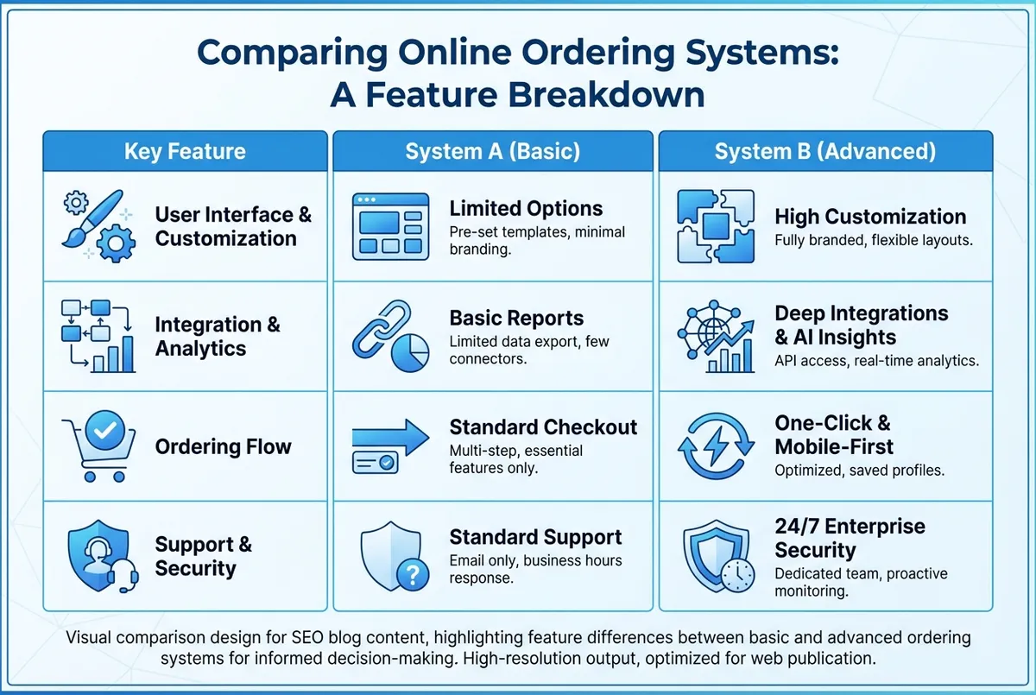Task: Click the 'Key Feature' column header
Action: coord(185,152)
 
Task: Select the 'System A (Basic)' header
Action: coord(493,152)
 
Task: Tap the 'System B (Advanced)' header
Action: coord(825,152)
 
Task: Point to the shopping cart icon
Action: coord(100,445)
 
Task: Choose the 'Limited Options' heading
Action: coord(526,209)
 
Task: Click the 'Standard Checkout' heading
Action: coord(543,427)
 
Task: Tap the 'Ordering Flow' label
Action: coord(223,446)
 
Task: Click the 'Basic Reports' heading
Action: coord(516,318)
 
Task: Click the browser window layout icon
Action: coord(390,226)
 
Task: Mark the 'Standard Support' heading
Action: coord(535,537)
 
